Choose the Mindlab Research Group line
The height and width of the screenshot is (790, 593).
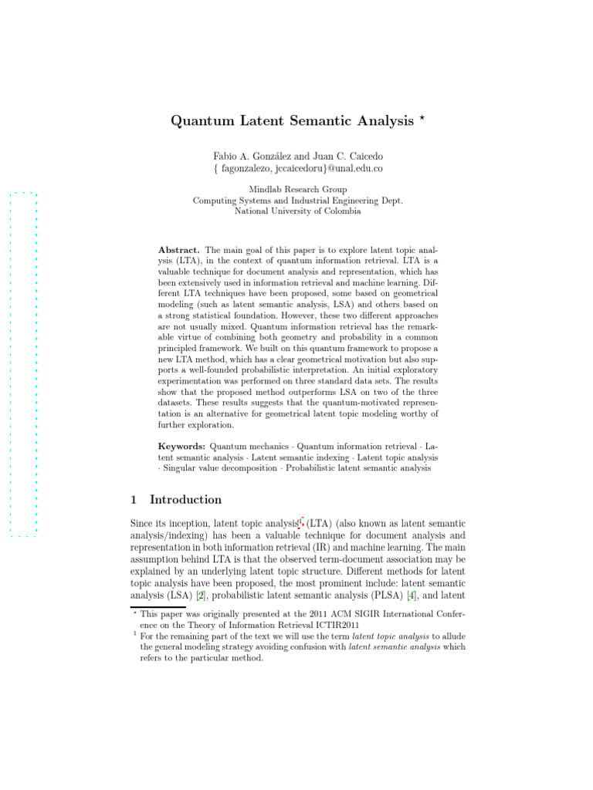297,189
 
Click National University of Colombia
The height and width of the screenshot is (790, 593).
297,211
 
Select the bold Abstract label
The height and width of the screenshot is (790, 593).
179,251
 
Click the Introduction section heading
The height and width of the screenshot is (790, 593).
185,499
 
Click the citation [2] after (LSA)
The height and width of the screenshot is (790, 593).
201,596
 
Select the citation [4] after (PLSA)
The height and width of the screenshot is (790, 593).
412,596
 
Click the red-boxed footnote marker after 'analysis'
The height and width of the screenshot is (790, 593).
301,522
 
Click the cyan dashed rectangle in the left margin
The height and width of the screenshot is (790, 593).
23,363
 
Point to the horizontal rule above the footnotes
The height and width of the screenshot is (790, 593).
158,606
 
